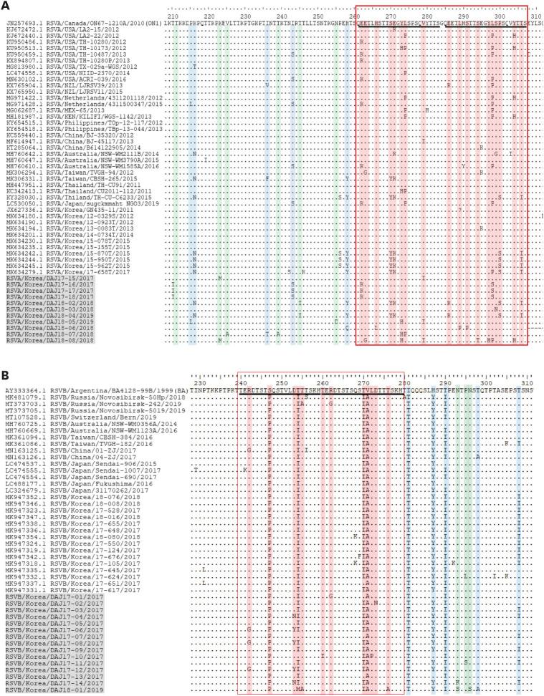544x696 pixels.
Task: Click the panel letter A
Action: point(6,6)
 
